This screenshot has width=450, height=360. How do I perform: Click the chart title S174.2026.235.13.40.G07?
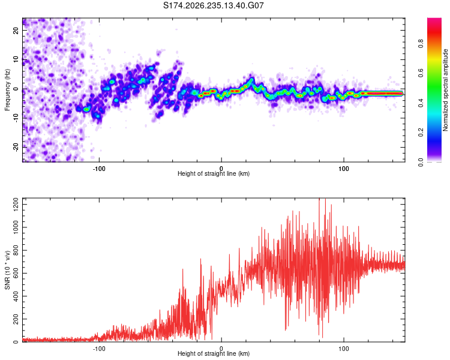(213, 5)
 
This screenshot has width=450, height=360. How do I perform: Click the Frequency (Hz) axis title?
(7, 90)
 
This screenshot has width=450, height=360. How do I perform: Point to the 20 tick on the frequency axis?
(16, 31)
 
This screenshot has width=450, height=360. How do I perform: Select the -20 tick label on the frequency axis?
(16, 147)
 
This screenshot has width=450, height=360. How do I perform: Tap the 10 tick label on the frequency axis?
(16, 59)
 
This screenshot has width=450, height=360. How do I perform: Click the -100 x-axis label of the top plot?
(99, 169)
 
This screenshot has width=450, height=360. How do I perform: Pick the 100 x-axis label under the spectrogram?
(344, 169)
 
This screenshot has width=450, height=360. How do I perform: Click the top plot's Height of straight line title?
(214, 173)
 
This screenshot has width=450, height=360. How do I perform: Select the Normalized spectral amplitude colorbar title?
(445, 90)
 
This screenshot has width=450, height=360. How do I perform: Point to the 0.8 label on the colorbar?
(421, 44)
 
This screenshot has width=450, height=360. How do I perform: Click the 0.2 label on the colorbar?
(421, 133)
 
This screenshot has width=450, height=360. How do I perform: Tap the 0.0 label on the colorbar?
(421, 162)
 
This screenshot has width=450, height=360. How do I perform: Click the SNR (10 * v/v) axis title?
(7, 270)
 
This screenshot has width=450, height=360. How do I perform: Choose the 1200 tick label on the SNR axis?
(16, 205)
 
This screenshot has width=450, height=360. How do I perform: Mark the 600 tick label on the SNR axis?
(16, 273)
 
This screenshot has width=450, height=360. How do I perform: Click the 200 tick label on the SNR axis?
(16, 319)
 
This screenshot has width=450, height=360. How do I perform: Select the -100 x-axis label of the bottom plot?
(99, 349)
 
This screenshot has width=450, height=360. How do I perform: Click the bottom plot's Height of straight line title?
(214, 353)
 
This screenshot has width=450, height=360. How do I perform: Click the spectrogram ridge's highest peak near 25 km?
(251, 79)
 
